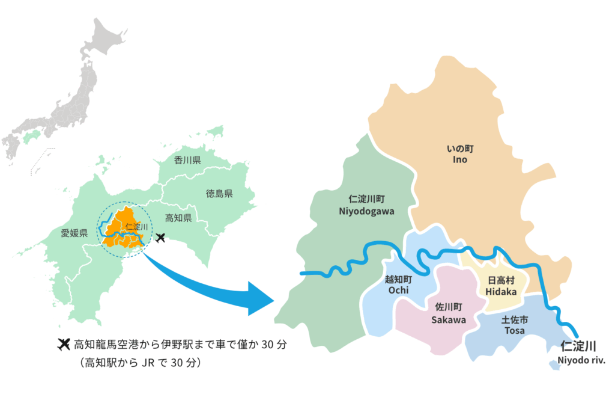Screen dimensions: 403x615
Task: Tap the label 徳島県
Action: [219, 194]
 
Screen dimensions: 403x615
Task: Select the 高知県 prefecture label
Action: [178, 218]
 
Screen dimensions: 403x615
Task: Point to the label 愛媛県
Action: [75, 233]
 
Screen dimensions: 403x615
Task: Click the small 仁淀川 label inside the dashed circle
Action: [137, 227]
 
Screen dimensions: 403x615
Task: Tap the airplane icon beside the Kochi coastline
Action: [160, 238]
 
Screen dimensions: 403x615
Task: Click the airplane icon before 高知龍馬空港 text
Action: [62, 345]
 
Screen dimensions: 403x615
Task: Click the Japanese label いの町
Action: [460, 149]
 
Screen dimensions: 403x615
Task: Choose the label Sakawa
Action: [449, 319]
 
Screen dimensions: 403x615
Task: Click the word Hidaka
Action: [501, 291]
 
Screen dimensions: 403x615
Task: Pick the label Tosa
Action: [515, 330]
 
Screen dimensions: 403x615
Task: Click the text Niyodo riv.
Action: [581, 360]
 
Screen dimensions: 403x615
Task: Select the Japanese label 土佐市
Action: [515, 319]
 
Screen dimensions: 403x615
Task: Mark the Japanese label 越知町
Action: [399, 280]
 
